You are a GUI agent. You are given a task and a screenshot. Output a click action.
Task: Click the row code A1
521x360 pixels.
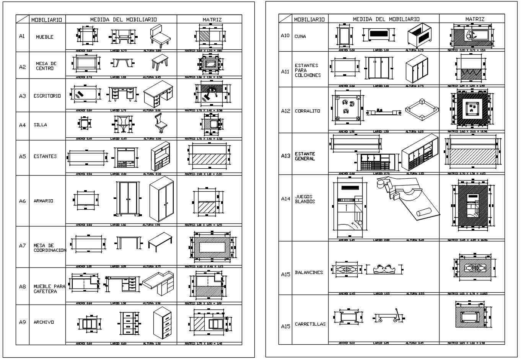(x=22, y=36)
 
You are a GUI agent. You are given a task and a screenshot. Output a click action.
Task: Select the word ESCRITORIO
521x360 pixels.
(x=47, y=96)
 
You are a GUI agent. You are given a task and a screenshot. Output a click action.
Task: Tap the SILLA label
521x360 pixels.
(x=40, y=125)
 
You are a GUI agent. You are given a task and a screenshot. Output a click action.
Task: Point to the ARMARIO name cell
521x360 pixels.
(x=43, y=201)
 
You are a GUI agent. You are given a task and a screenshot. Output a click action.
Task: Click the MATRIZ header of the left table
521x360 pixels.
(x=212, y=20)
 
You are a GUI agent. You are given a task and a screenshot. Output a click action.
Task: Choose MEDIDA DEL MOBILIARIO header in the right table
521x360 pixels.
(x=386, y=19)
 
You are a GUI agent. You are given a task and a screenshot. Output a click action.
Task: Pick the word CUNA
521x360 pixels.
(x=300, y=36)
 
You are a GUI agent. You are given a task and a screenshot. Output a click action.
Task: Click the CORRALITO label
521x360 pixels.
(x=308, y=111)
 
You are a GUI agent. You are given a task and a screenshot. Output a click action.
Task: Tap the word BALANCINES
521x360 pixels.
(x=309, y=272)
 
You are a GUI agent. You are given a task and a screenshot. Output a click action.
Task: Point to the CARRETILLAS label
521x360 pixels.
(x=310, y=324)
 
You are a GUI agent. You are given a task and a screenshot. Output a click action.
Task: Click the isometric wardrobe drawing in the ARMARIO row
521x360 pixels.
(x=161, y=199)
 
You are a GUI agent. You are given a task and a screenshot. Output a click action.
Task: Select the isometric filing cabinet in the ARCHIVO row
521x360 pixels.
(x=162, y=323)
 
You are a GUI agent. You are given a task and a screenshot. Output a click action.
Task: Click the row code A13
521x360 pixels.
(x=285, y=156)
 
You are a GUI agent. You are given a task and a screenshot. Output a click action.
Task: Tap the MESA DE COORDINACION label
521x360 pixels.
(x=49, y=248)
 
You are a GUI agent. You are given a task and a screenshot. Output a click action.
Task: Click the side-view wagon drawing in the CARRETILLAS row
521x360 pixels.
(x=388, y=317)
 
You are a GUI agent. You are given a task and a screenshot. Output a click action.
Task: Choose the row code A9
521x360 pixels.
(x=22, y=322)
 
